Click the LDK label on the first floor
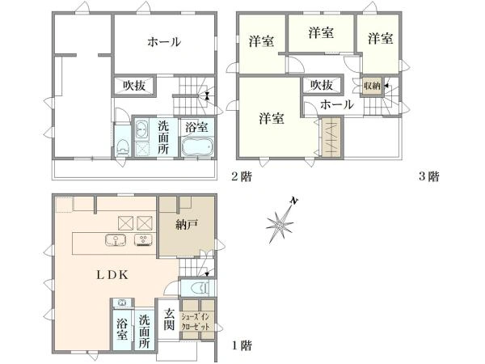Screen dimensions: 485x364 point(112,275)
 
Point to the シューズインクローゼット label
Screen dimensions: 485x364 point(196,322)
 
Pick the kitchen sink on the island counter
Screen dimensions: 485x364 point(115,240)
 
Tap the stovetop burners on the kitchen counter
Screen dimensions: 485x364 point(143,240)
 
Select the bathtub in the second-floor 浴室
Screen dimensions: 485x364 point(198,146)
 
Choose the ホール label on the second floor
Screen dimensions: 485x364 point(164,42)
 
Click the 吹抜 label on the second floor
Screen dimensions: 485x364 point(134,86)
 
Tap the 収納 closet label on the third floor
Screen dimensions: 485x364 point(372,86)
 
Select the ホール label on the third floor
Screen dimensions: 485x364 point(337,104)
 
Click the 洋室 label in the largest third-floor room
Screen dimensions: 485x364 point(272,118)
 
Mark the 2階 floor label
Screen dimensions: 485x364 point(242,176)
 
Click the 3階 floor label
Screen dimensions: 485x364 point(428,176)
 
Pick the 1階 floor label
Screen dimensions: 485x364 point(242,345)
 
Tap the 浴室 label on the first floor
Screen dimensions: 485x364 point(122,329)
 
